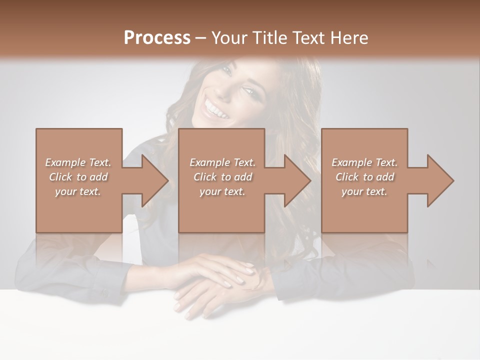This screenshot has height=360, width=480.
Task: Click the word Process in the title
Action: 157,37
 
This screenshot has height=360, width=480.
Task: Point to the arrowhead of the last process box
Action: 439,180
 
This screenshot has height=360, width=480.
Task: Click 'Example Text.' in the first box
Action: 78,162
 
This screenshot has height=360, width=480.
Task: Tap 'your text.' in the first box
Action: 78,191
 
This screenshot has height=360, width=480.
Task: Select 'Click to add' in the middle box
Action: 222,177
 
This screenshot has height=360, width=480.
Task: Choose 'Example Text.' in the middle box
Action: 222,162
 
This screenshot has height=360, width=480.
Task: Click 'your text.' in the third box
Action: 364,191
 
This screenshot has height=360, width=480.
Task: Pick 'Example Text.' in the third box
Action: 364,162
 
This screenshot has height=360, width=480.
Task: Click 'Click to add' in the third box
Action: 364,177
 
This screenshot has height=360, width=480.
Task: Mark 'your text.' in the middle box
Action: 222,191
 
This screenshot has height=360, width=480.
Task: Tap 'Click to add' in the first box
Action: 78,177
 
